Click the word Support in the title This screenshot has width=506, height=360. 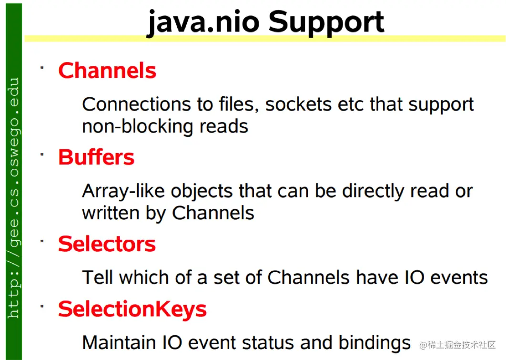pos(326,22)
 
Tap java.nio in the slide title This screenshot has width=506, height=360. pos(203,22)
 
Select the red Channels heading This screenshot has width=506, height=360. pos(107,71)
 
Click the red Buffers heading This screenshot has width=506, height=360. pos(96,157)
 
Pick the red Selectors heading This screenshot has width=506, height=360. pos(107,244)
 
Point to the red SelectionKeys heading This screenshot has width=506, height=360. pos(132,309)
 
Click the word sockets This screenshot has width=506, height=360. pos(299,104)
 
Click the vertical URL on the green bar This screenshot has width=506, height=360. pos(13,197)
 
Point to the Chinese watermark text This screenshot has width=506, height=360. pos(457,345)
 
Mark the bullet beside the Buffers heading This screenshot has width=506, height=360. pos(42,155)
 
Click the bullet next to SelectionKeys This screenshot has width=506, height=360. pos(42,307)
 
